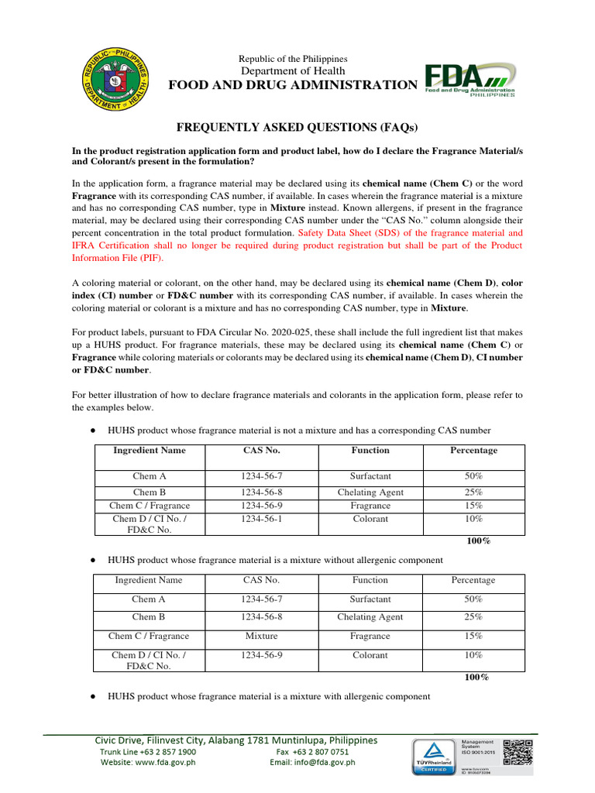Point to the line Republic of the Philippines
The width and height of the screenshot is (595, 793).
(293, 59)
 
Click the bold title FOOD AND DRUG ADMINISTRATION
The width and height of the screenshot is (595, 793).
(293, 85)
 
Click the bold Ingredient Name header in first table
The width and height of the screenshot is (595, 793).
(149, 450)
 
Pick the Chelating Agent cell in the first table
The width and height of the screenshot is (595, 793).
(370, 493)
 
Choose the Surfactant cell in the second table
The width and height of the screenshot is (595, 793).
(370, 599)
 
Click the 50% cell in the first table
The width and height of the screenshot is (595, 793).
(473, 476)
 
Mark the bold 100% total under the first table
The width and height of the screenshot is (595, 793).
(478, 541)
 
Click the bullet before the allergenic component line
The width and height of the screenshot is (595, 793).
(93, 697)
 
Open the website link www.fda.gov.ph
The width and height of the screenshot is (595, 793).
(163, 762)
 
